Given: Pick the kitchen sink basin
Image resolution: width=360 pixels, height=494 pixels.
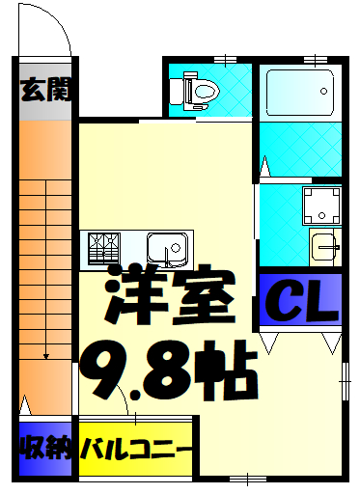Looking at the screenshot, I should point(170,249).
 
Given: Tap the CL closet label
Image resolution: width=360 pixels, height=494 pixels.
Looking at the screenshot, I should point(300,300).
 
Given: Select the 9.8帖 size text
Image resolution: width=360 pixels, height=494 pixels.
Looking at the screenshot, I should point(167,371).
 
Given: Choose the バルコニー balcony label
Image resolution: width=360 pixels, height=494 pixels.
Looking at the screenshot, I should point(136,450).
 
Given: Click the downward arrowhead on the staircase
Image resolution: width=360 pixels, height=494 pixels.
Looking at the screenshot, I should point(45,357).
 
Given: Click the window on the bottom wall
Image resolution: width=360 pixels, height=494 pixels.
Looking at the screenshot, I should point(247,478).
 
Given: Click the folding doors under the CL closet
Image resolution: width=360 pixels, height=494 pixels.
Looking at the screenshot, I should point(300,340).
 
